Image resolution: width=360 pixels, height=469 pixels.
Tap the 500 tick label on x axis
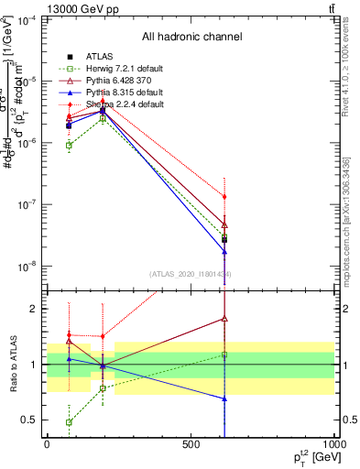(x=191, y=444)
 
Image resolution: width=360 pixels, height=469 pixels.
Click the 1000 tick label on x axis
(x=335, y=444)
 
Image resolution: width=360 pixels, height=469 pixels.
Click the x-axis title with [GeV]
(x=311, y=457)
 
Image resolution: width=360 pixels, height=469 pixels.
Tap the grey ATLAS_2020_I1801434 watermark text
(x=191, y=274)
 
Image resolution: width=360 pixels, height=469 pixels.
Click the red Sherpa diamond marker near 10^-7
(x=224, y=197)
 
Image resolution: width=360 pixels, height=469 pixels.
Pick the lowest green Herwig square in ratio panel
(x=70, y=422)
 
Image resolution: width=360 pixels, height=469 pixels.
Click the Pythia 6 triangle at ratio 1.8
(x=224, y=319)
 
